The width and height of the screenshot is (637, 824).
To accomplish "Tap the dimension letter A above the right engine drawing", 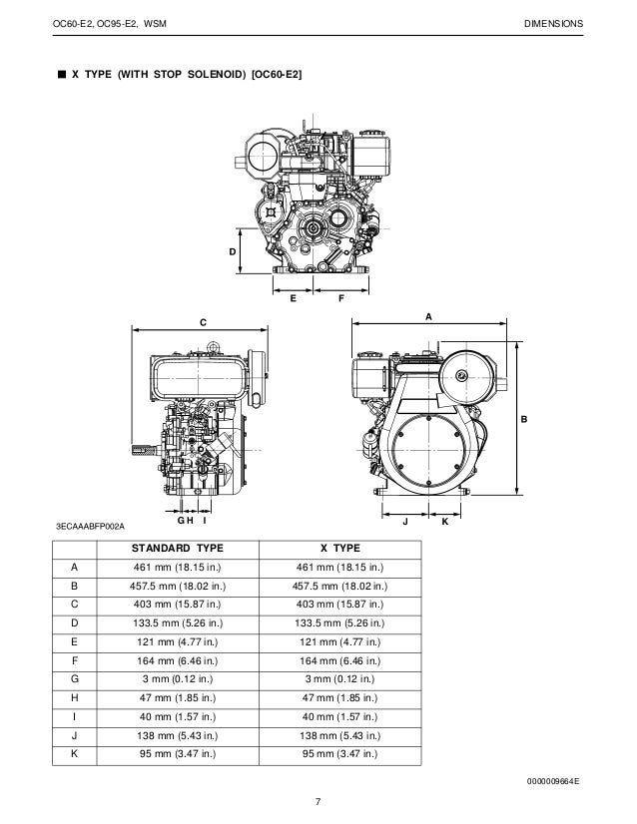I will point(428,315).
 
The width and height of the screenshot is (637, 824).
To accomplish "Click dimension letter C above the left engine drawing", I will point(202,321).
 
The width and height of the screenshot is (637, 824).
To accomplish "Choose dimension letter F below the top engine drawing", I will point(340,298).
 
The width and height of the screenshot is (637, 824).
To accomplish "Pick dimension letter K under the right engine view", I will point(444,521).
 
